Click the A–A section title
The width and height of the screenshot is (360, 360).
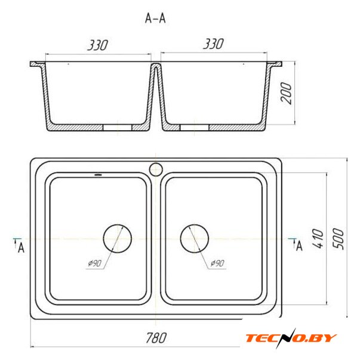tap(155, 18)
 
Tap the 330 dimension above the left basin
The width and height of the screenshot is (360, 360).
tap(97, 45)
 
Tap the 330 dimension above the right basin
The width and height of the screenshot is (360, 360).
tap(213, 44)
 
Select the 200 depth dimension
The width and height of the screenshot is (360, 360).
tap(286, 94)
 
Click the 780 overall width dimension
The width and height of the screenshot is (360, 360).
tap(156, 338)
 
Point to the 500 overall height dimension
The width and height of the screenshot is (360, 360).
tap(339, 239)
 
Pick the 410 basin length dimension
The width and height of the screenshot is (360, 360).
tap(318, 239)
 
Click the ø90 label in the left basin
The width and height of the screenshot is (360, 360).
tap(94, 263)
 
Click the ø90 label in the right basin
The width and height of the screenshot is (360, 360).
tap(217, 263)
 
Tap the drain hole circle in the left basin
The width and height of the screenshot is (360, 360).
tap(118, 225)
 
